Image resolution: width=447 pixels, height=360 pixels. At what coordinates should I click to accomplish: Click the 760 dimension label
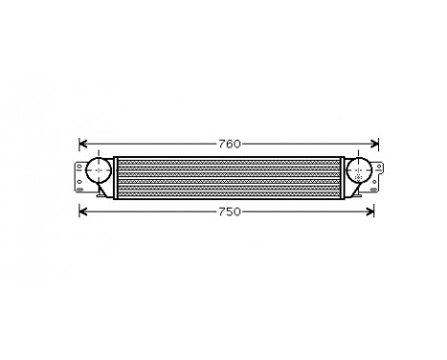[229, 145]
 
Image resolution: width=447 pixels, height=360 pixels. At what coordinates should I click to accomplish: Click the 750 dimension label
[229, 210]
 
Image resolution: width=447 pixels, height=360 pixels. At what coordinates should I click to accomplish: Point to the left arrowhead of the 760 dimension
[81, 145]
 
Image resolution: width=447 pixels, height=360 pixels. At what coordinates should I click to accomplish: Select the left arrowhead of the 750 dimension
[81, 210]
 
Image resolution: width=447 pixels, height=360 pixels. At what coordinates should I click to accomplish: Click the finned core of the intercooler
[229, 173]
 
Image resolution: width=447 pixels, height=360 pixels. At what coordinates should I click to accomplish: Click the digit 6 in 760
[229, 145]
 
